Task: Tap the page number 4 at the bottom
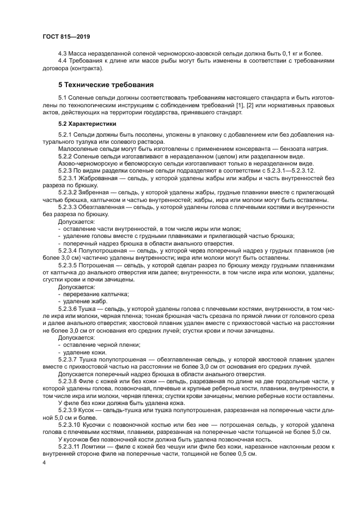pos(44,462)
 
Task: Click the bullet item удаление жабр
pos(85,301)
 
